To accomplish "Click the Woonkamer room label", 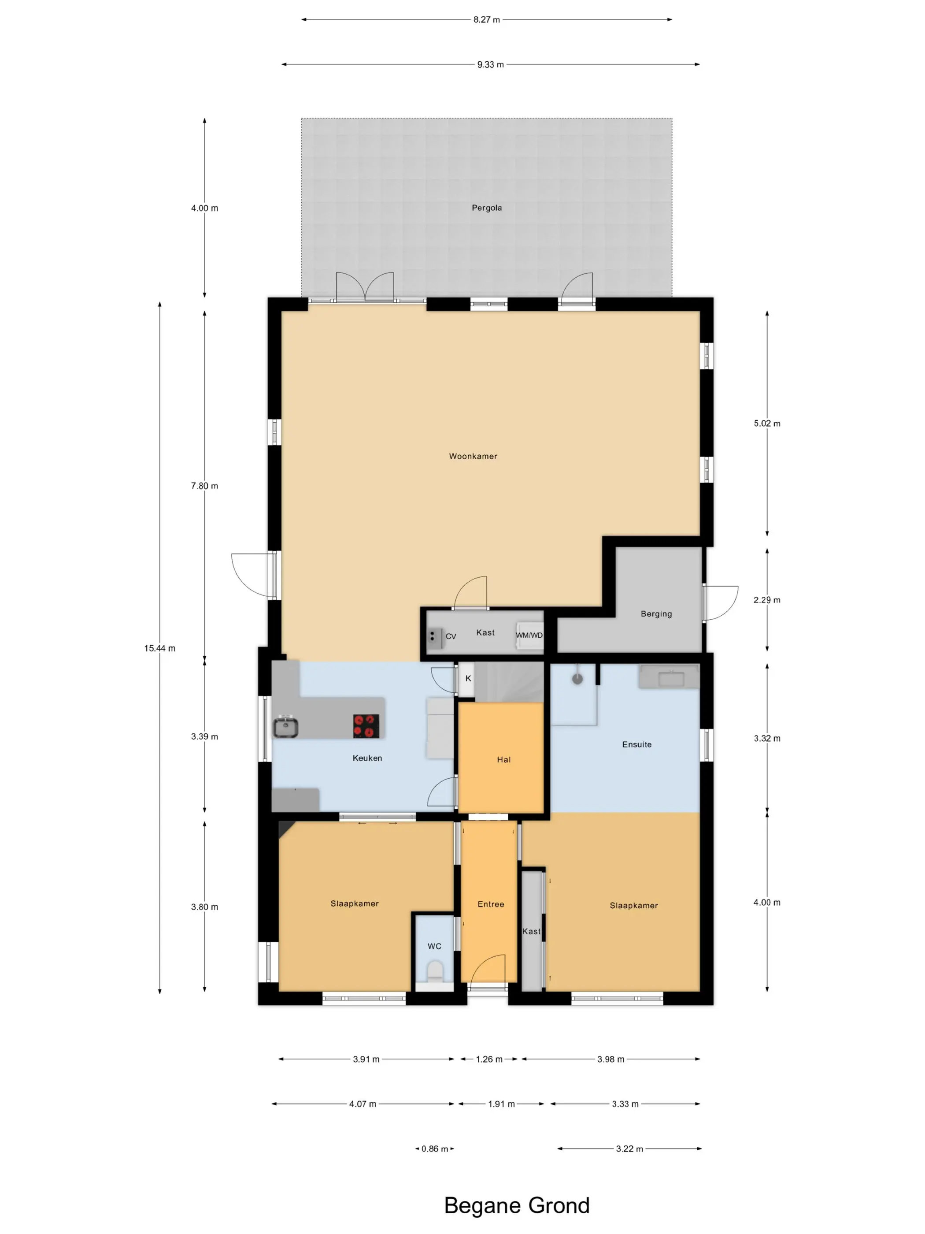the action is tap(473, 456).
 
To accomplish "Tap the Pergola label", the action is tap(486, 208).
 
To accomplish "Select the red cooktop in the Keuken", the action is tap(366, 726).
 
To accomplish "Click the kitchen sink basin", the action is tap(286, 726).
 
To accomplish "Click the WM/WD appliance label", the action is tap(529, 635).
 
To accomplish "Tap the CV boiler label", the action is tap(451, 636).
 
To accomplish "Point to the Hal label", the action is tap(503, 759).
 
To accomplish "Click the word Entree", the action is tap(491, 904).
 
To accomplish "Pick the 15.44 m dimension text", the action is tap(159, 648).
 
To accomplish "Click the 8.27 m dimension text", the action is tap(486, 19).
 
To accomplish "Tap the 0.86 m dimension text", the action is tap(434, 1149).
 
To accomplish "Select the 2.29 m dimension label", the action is tap(767, 600).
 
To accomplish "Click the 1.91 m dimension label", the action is tap(501, 1104).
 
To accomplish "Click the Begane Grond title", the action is tap(516, 1205).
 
